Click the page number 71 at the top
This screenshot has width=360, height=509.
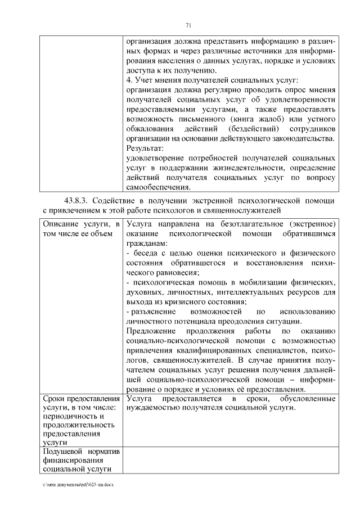pos(188,24)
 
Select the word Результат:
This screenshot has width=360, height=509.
pos(143,148)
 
